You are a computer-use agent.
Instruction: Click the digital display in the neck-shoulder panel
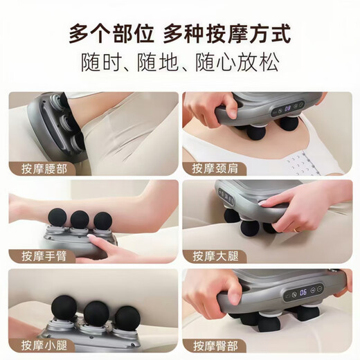(x=285, y=108)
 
